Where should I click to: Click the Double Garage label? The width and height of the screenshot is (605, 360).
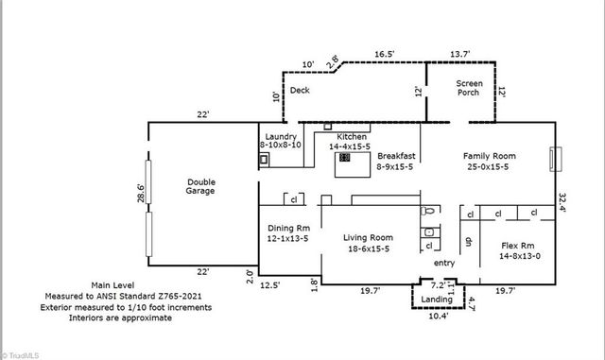coord(200,186)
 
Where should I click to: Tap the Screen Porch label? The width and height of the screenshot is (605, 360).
coord(469,89)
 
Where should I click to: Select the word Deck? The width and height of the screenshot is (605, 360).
coord(300,91)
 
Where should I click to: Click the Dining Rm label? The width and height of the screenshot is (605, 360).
coord(289,234)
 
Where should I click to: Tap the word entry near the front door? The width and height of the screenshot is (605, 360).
coord(444,263)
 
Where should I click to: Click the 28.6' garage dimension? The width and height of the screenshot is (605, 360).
coord(139,194)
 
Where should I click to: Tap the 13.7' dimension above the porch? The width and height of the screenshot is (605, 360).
coord(459,56)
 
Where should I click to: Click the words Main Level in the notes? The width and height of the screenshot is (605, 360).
coord(113,284)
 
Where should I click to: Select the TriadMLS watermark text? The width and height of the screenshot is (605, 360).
coord(27,354)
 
